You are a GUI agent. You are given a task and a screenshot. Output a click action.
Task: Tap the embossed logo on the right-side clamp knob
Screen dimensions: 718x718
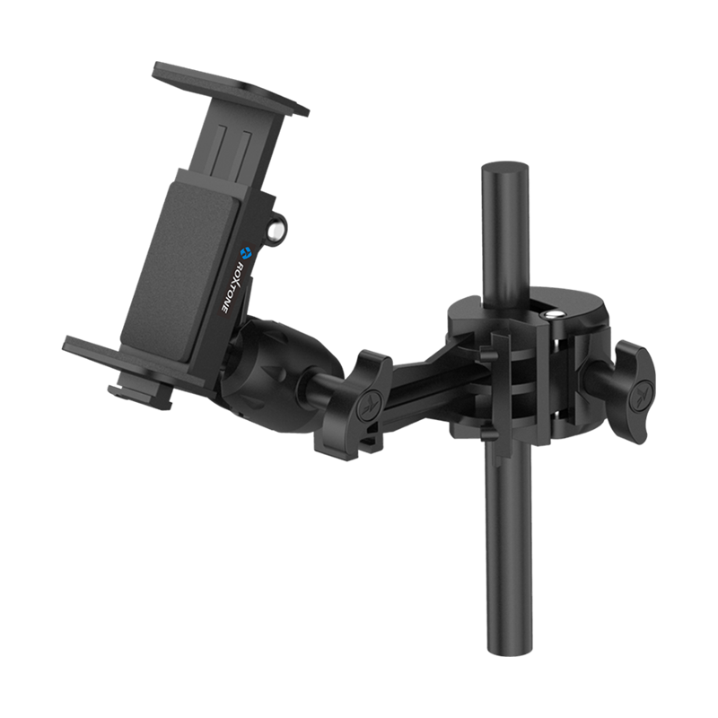(639, 392)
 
